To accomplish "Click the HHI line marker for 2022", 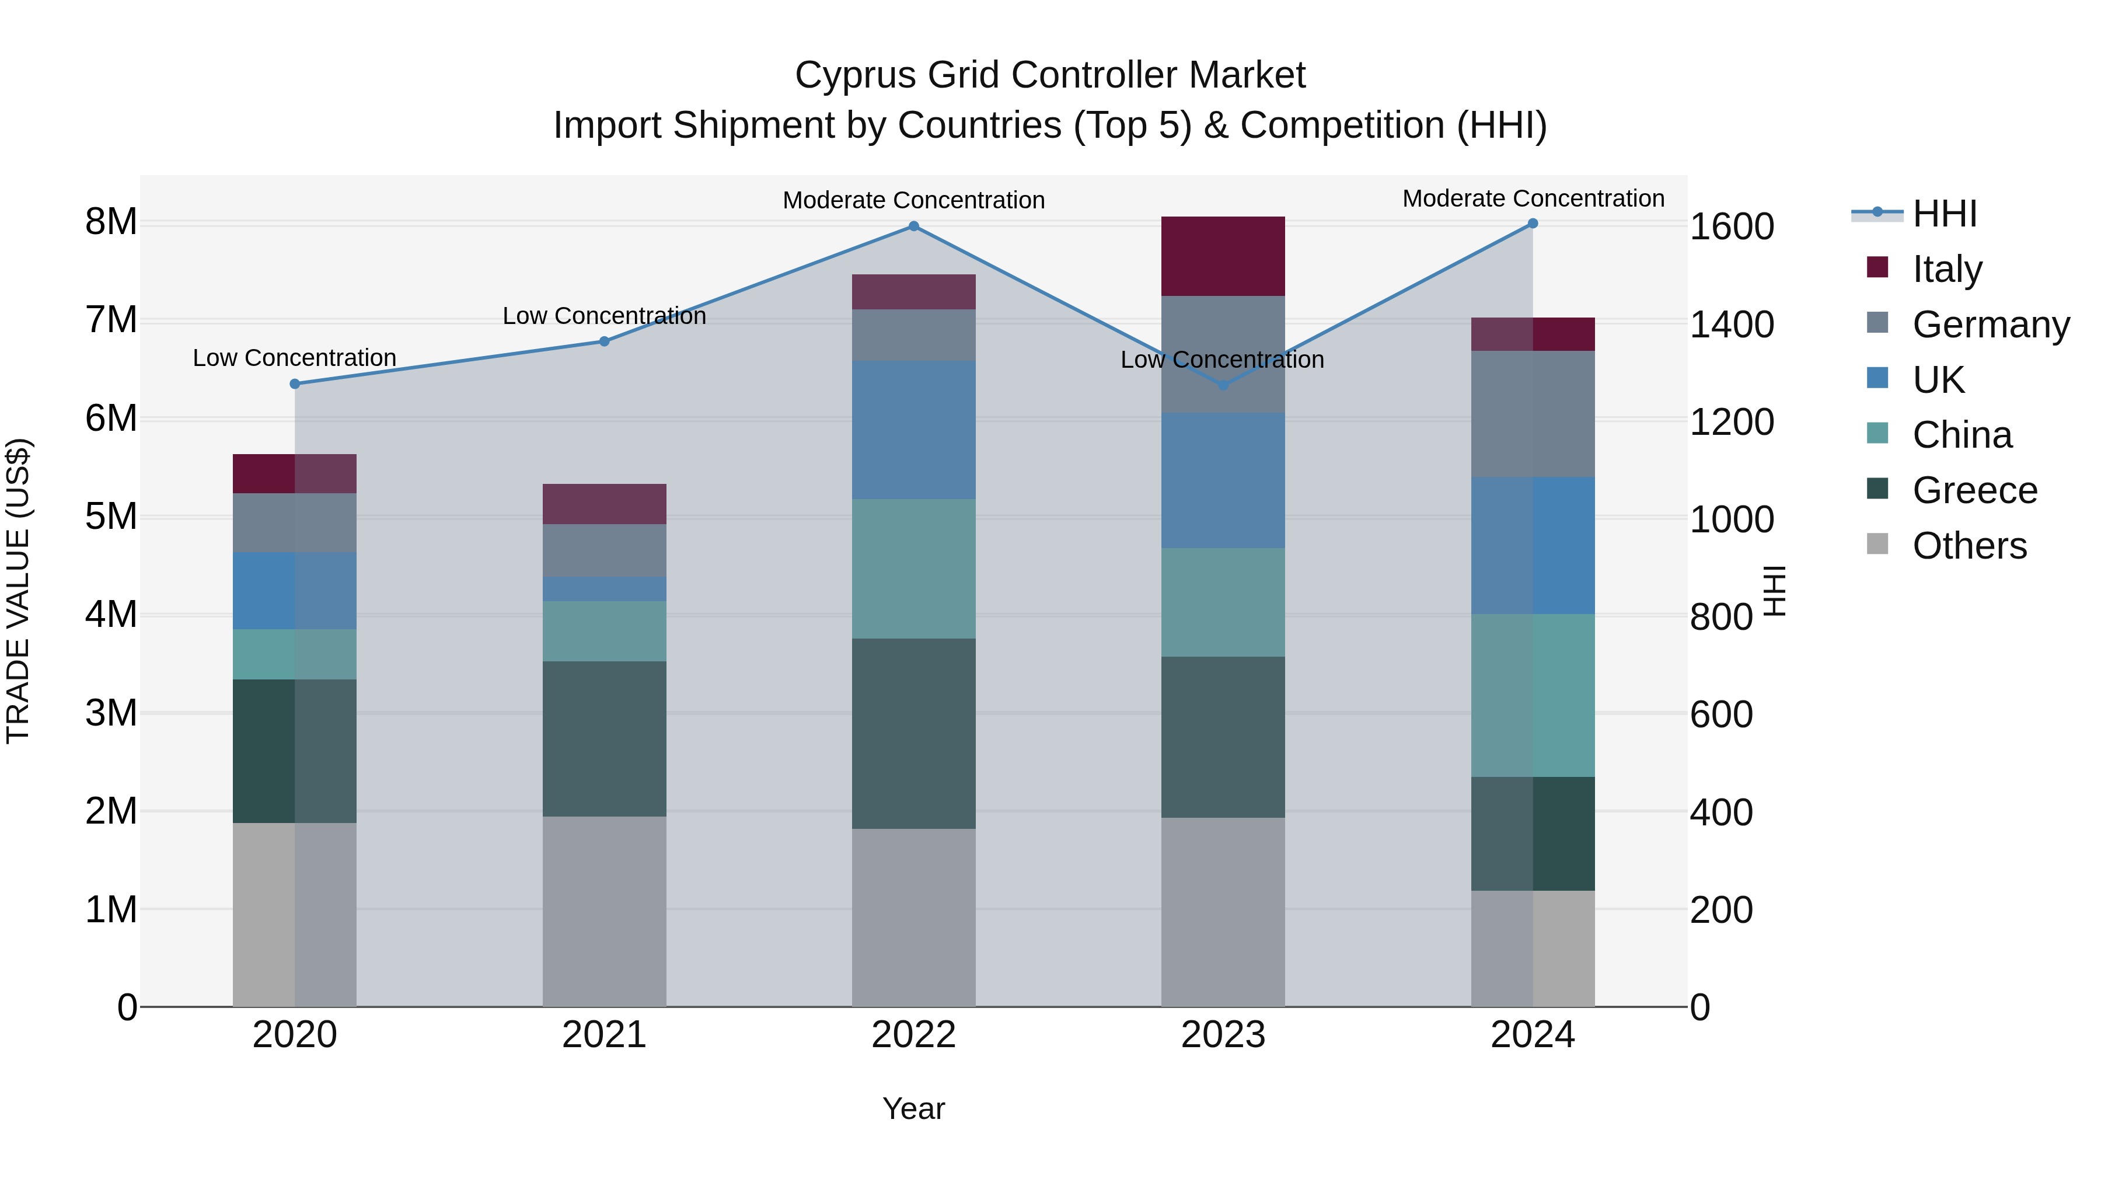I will click(913, 226).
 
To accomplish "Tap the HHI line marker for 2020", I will click(295, 383).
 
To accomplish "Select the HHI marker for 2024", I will click(1533, 223).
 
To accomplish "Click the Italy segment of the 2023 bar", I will click(1223, 256).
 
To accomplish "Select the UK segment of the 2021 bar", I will click(605, 589).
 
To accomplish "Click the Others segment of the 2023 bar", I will click(1223, 911).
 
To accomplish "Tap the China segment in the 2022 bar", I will click(913, 569).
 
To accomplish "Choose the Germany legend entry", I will click(1990, 325).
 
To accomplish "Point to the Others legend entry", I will click(1969, 546).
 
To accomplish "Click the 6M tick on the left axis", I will click(111, 419).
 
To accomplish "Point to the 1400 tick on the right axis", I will click(1731, 325).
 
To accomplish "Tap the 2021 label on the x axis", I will click(605, 1034).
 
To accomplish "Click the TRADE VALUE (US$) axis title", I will click(18, 591).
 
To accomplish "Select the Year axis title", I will click(913, 1108).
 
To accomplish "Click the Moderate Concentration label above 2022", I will click(913, 200).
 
